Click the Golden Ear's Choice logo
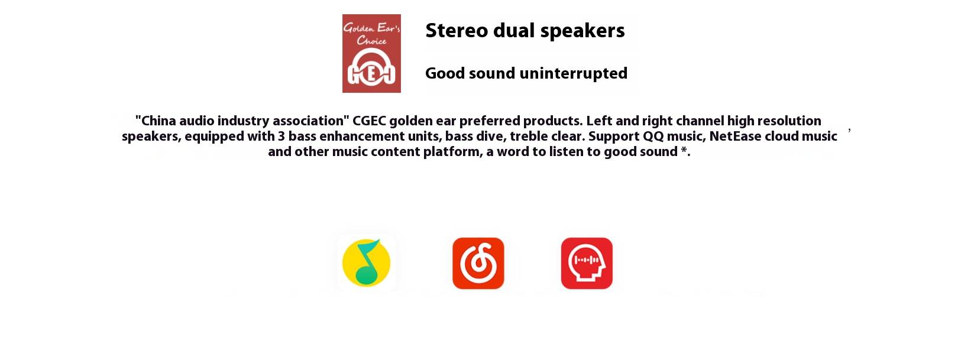point(371,53)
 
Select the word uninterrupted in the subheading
point(574,73)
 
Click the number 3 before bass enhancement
point(281,137)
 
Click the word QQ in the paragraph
point(653,137)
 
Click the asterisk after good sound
point(684,150)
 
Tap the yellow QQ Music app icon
point(367,263)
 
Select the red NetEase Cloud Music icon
point(478,263)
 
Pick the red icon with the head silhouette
point(587,263)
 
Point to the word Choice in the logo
point(372,41)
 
